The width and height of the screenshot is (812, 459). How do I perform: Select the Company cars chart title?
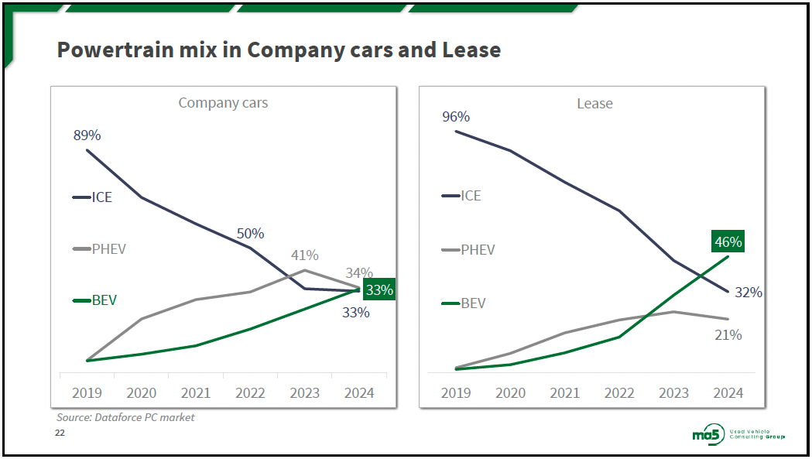(x=223, y=102)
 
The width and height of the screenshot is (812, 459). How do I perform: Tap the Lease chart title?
(x=594, y=104)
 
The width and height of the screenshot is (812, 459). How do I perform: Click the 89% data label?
(x=87, y=135)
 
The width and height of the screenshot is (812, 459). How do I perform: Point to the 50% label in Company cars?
(x=250, y=233)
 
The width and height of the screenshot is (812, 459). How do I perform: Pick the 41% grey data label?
(x=304, y=255)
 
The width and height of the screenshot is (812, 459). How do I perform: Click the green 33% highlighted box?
(x=379, y=290)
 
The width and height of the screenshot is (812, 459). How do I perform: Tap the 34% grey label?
(x=359, y=272)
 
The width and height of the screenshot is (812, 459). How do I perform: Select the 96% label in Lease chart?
(x=456, y=117)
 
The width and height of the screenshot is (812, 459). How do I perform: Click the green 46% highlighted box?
(x=727, y=242)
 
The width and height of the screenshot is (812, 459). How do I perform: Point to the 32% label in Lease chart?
(x=748, y=293)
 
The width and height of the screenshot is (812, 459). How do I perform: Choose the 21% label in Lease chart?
(x=728, y=335)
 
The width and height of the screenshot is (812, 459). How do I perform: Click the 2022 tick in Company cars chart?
(x=250, y=393)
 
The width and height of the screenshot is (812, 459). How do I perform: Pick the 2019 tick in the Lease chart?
(x=456, y=393)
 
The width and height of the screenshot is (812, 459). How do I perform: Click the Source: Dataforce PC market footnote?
(x=125, y=417)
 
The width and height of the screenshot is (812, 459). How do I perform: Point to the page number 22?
(x=60, y=433)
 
